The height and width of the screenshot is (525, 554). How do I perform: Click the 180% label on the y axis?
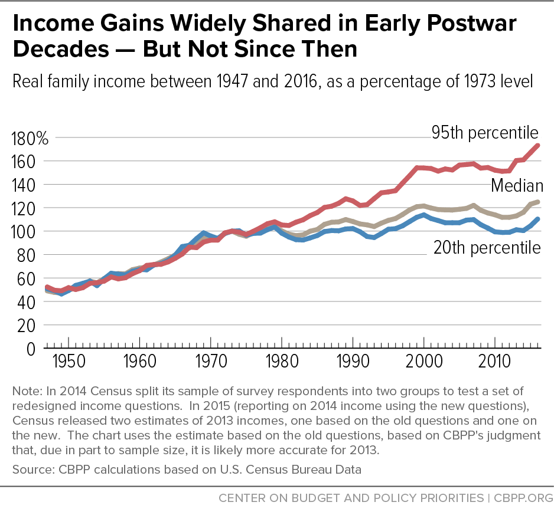(x=30, y=139)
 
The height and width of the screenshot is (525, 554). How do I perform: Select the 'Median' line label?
(x=517, y=186)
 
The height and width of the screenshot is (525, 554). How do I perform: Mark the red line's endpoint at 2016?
(x=538, y=145)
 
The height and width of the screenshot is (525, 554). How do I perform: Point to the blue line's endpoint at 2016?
(x=538, y=219)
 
